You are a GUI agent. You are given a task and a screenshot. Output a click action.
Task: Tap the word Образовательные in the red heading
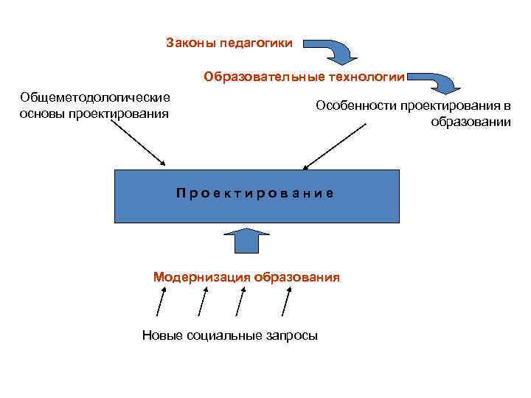(x=253, y=76)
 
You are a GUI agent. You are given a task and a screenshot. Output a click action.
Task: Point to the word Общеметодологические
(x=95, y=97)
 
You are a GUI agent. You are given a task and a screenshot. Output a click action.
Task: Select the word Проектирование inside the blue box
(x=255, y=193)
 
